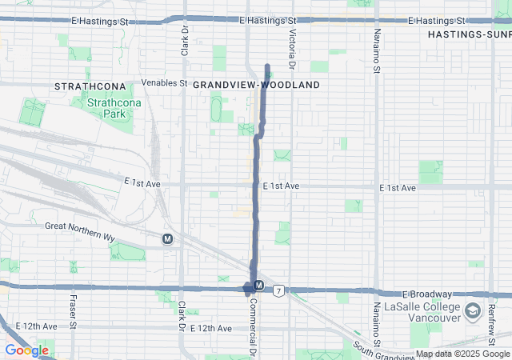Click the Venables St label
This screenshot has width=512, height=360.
[x=163, y=82]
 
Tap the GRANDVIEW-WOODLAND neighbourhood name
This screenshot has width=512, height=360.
[x=256, y=84]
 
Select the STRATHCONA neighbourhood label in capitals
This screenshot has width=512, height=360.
[x=90, y=85]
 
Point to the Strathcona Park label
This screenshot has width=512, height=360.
[x=108, y=108]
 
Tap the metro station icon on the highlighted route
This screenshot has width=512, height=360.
[x=258, y=286]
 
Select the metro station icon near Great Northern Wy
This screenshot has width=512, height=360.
[x=167, y=238]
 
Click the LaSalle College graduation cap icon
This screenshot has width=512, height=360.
[x=473, y=310]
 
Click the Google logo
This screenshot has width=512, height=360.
[x=26, y=350]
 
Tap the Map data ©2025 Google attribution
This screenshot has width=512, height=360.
[x=462, y=354]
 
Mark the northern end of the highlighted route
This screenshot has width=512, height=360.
[x=267, y=65]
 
